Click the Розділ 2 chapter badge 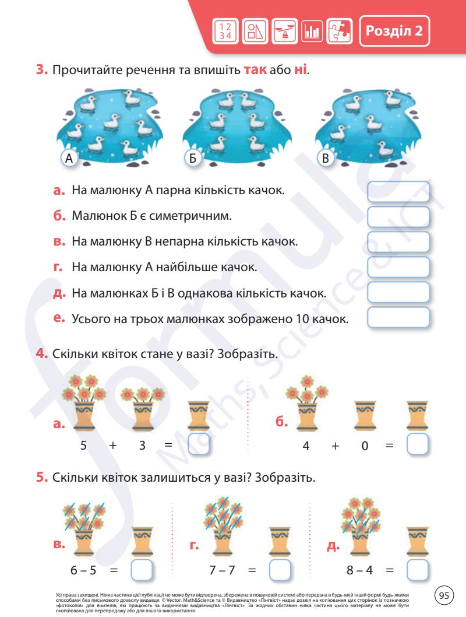(x=394, y=30)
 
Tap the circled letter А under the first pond (x=69, y=159)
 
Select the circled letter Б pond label (x=195, y=159)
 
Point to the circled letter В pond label (x=326, y=159)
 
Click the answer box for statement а (x=398, y=191)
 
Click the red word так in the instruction (x=254, y=72)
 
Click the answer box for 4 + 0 (x=416, y=444)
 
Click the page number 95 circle (x=444, y=595)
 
